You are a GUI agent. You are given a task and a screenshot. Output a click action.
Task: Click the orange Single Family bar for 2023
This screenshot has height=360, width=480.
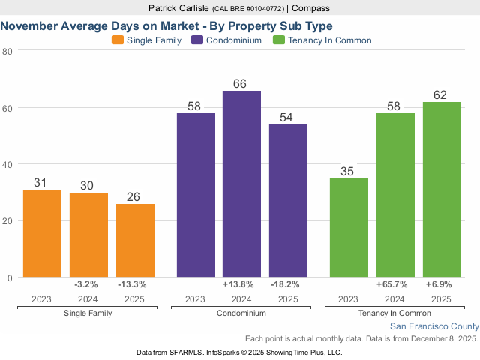pyautogui.click(x=42, y=233)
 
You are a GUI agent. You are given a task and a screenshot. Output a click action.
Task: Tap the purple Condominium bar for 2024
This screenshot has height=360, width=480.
pyautogui.click(x=241, y=184)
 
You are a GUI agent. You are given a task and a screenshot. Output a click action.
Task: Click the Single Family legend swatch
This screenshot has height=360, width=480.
pyautogui.click(x=118, y=40)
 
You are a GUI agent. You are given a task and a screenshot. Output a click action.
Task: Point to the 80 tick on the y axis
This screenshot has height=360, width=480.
pyautogui.click(x=7, y=51)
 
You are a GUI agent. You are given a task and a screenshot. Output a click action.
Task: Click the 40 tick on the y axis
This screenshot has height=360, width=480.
pyautogui.click(x=7, y=164)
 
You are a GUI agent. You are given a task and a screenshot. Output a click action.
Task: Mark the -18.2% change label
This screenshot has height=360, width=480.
pyautogui.click(x=288, y=285)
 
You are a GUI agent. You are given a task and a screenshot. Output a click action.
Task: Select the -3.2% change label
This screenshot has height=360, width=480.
pyautogui.click(x=88, y=285)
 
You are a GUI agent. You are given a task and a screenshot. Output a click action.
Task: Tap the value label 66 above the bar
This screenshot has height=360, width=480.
pyautogui.click(x=241, y=83)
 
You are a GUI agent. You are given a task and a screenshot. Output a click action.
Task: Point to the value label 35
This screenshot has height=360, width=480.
pyautogui.click(x=349, y=171)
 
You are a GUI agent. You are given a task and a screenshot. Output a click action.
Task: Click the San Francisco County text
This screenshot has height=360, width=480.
pyautogui.click(x=434, y=326)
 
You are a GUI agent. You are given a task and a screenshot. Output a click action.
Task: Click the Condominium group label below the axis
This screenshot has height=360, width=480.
pyautogui.click(x=241, y=313)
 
